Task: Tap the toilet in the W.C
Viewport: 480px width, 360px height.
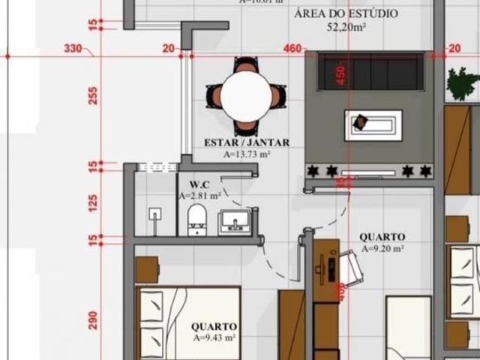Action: point(196,220)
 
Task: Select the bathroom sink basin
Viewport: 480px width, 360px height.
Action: point(234,222)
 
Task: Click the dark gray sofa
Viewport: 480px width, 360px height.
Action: point(369,73)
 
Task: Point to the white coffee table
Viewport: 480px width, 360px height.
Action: point(373,124)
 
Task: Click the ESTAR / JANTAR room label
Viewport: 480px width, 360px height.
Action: point(247,142)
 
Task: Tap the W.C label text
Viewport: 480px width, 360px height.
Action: point(199,184)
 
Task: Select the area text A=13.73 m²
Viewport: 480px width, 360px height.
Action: point(247,154)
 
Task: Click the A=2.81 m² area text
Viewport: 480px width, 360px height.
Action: point(199,196)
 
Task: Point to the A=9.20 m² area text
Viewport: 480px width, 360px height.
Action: point(382,248)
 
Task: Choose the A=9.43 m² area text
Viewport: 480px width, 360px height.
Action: point(214,338)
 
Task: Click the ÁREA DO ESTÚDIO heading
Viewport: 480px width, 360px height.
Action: point(346,14)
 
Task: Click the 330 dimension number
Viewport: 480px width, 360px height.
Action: point(73,49)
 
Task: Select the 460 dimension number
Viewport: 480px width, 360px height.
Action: point(292,49)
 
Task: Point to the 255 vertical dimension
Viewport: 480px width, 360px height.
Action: point(94,95)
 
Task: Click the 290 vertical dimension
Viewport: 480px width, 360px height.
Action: point(94,320)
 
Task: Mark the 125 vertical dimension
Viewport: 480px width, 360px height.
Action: point(94,202)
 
